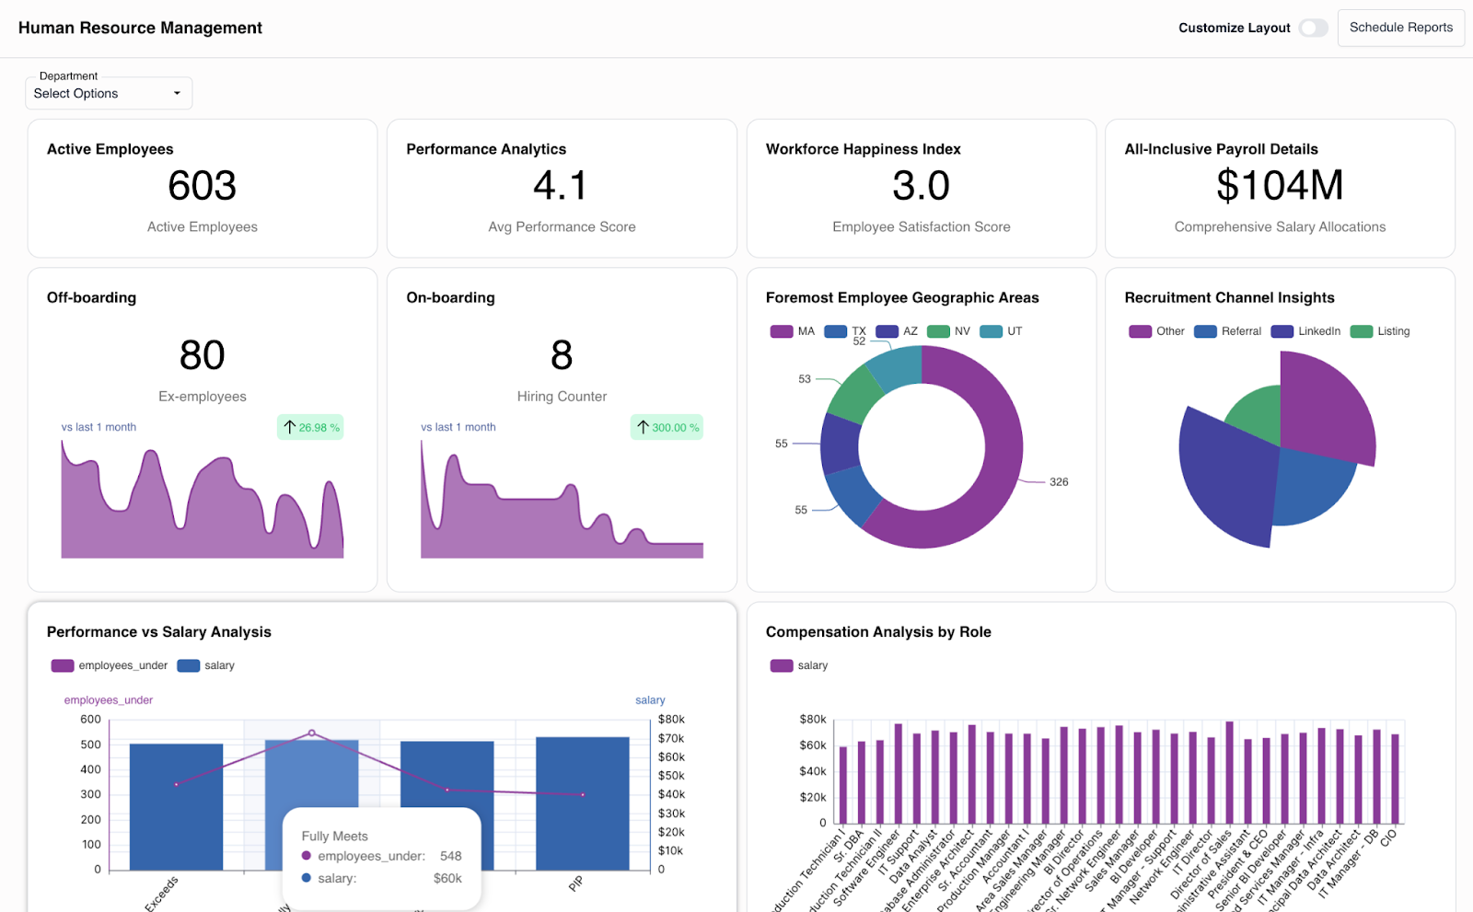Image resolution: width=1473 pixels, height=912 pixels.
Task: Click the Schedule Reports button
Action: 1400,28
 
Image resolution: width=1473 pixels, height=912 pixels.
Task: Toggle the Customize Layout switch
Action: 1314,28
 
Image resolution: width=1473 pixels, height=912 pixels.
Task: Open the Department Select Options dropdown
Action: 109,93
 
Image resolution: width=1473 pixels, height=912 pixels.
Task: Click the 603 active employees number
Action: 202,186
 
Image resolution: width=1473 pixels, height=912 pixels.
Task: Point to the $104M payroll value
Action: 1279,186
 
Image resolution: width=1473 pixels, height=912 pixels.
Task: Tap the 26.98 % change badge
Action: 310,427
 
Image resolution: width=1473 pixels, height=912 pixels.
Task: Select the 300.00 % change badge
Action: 667,427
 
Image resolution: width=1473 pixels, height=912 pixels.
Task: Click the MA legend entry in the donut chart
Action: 793,331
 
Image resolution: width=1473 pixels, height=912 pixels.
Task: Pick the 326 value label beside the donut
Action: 1059,482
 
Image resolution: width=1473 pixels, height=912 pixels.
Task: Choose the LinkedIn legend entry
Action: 1306,331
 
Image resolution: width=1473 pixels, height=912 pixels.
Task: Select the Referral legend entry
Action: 1228,331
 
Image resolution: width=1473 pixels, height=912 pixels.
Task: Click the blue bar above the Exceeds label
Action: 176,810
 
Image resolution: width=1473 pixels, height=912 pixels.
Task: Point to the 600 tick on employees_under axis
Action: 90,720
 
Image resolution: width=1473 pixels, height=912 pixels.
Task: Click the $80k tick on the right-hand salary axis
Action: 671,720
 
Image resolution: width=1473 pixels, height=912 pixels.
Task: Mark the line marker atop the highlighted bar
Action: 312,733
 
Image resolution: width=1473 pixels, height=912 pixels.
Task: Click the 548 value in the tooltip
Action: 450,856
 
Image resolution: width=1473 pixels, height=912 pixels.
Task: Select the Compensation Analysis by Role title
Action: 878,632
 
